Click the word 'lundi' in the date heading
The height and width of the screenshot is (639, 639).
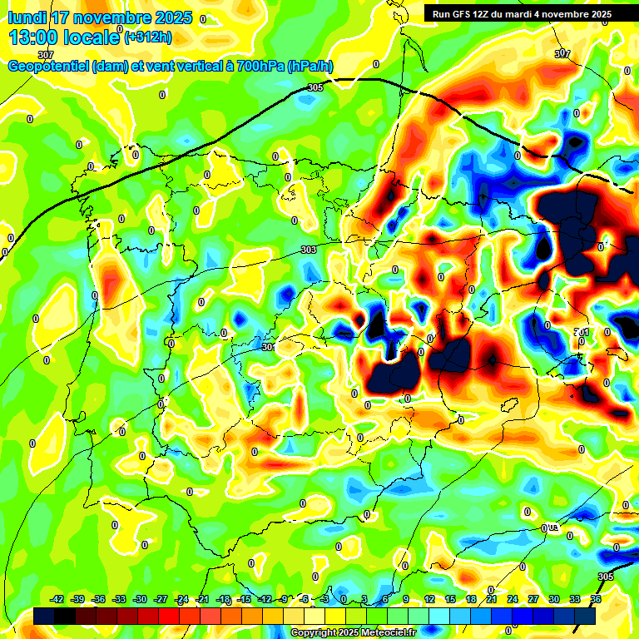pos(26,17)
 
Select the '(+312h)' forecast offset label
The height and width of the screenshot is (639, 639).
pos(149,37)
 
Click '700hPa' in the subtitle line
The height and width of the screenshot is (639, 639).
pos(260,66)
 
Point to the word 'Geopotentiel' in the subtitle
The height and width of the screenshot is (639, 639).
pos(48,66)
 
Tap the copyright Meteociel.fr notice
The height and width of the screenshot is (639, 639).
pos(353,632)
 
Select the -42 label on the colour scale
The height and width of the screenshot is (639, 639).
pos(57,599)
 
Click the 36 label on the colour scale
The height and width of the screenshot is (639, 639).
pos(596,599)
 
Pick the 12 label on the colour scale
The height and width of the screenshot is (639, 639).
pos(429,599)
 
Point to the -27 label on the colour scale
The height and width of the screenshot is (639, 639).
pos(161,599)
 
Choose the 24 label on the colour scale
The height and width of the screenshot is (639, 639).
pos(513,599)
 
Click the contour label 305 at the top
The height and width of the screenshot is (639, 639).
pos(315,87)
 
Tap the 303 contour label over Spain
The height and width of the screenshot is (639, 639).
pos(309,250)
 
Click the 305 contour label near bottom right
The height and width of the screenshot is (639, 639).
pos(606,577)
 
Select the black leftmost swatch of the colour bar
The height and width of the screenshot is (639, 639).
pos(45,616)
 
